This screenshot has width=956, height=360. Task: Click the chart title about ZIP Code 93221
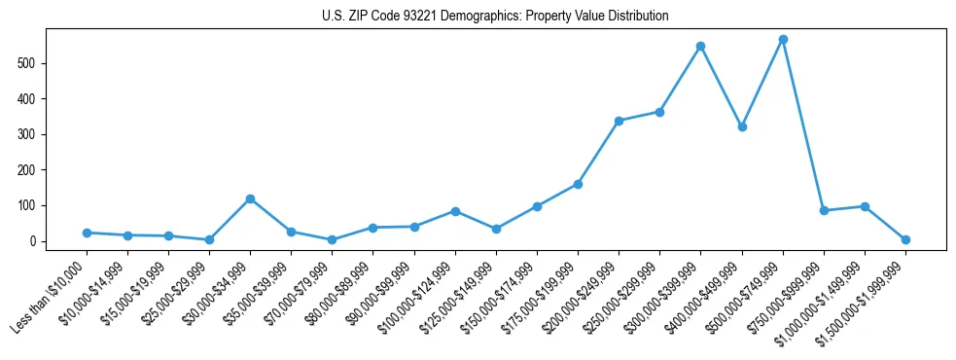coord(495,17)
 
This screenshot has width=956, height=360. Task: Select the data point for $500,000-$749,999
coord(783,39)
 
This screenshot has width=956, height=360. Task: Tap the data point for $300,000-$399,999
coord(700,46)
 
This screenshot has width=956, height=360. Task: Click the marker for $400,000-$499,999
coord(742,126)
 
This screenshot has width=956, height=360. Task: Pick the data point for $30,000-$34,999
coord(250,198)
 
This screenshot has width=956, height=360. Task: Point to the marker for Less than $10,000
coord(87,233)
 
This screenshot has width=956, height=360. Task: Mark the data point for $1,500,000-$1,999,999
coord(905,239)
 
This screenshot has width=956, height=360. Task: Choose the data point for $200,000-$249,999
coord(619,121)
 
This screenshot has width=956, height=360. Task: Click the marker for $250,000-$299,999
coord(659,112)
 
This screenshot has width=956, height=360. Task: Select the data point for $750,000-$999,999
coord(824,210)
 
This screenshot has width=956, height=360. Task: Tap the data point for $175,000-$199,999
coord(578,184)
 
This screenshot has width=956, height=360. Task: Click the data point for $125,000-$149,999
coord(496,229)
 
